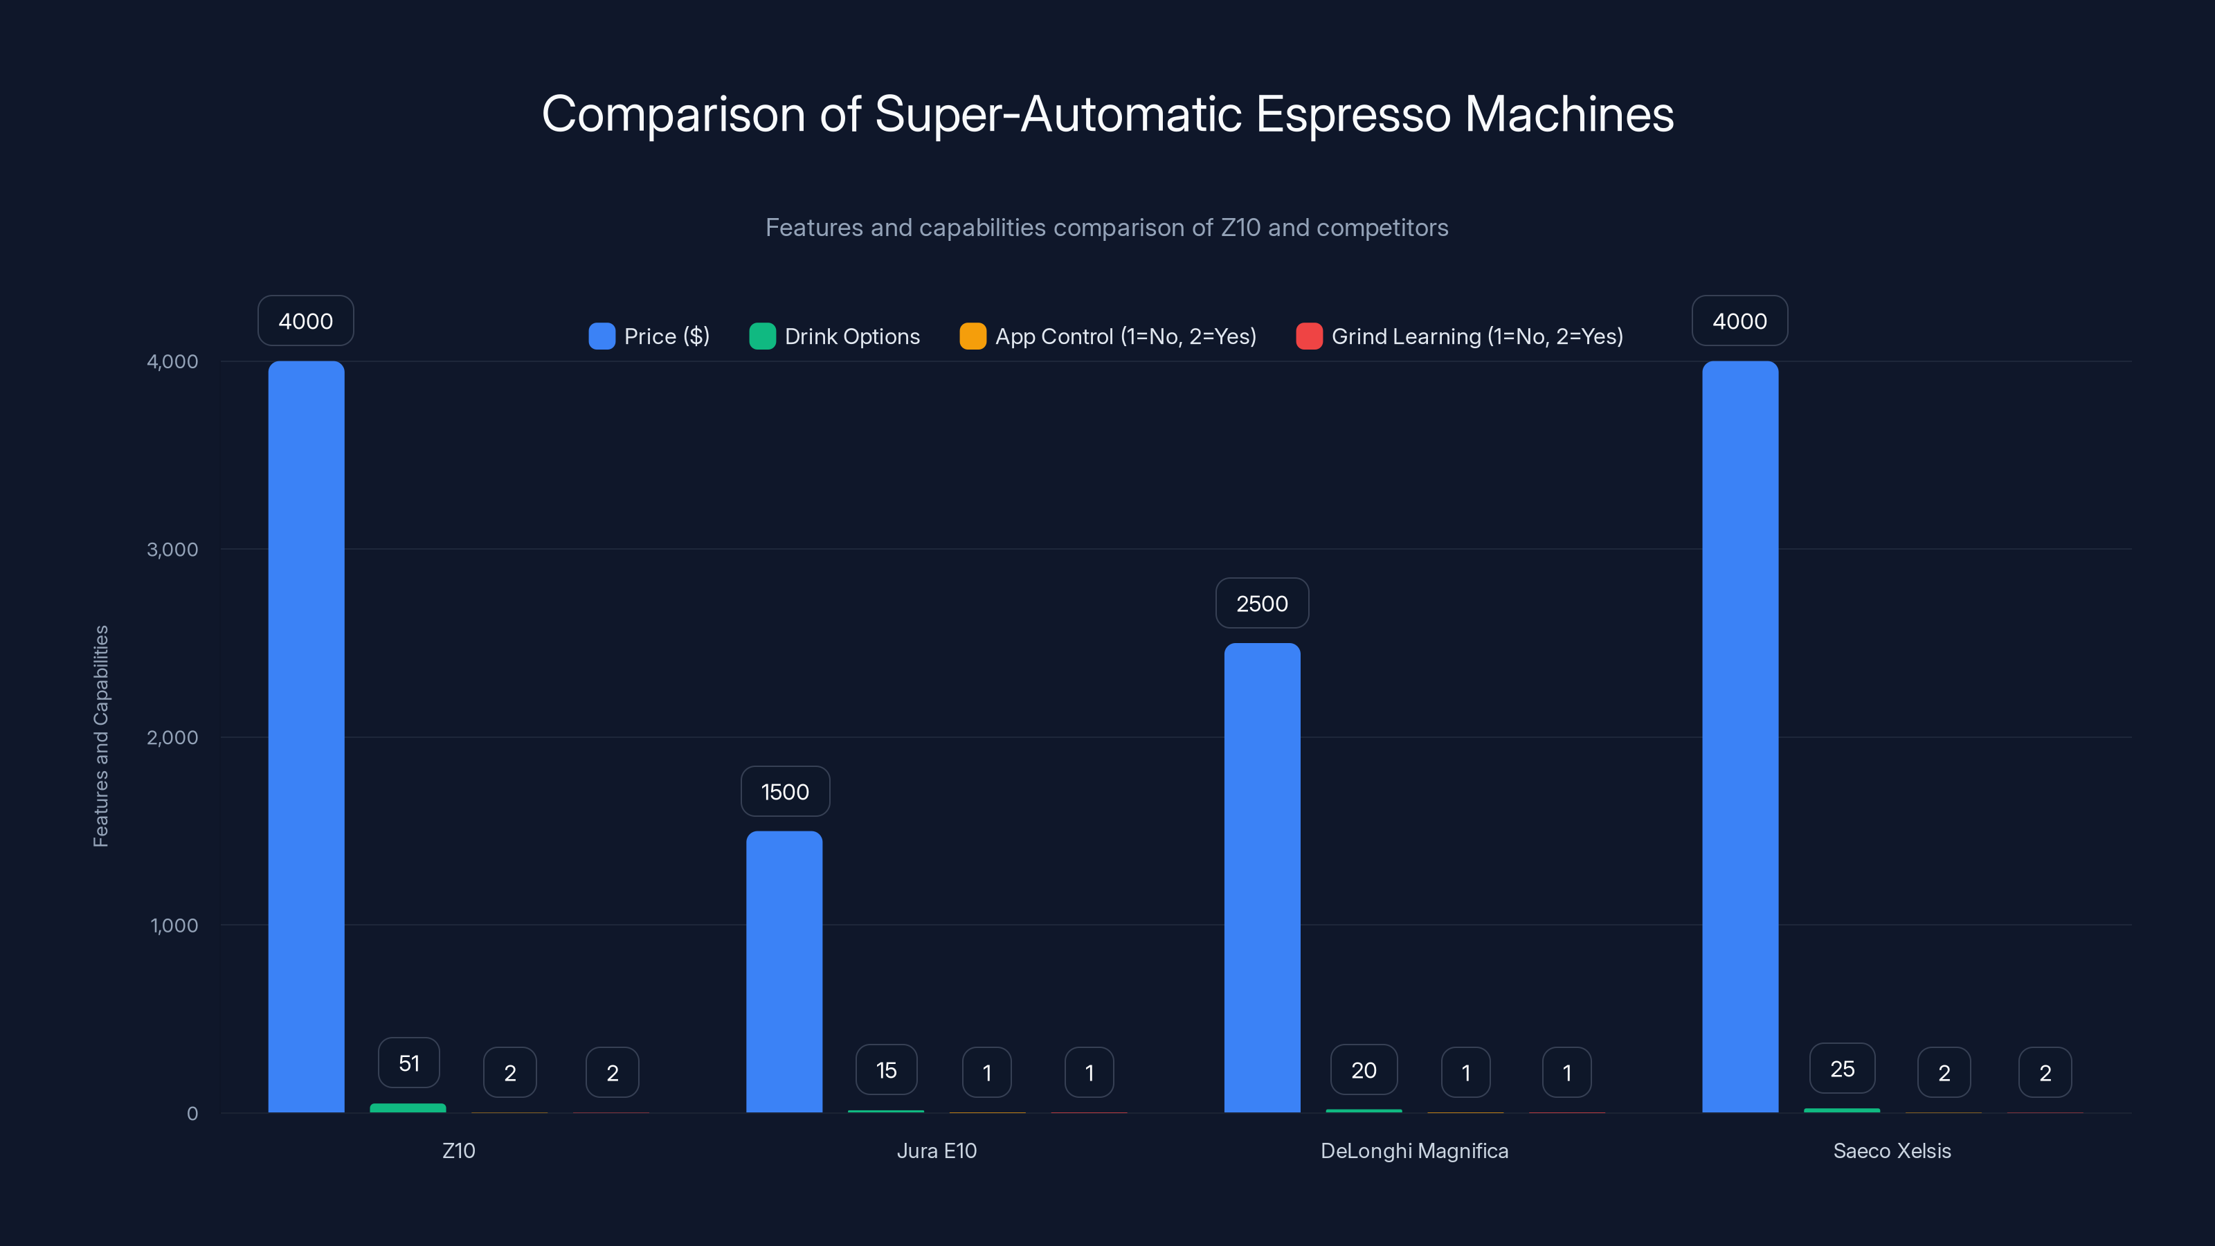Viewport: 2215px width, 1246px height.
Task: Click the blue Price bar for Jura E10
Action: coord(784,972)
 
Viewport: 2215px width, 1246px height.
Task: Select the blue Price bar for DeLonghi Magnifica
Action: coord(1263,877)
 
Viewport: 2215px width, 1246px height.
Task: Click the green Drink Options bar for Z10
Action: coord(408,1108)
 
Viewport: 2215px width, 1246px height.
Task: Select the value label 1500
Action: coord(785,792)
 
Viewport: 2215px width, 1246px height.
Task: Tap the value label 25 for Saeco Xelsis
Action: coord(1842,1069)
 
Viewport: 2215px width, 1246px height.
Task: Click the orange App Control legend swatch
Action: coord(973,336)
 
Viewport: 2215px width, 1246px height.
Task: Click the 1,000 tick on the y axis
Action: coord(174,926)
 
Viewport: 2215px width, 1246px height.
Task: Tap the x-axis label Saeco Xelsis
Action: coord(1892,1150)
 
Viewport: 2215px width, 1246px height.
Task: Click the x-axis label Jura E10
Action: coord(937,1150)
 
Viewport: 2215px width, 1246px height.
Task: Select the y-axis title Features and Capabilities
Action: coord(100,736)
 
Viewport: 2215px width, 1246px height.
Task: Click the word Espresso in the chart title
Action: coord(1353,114)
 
